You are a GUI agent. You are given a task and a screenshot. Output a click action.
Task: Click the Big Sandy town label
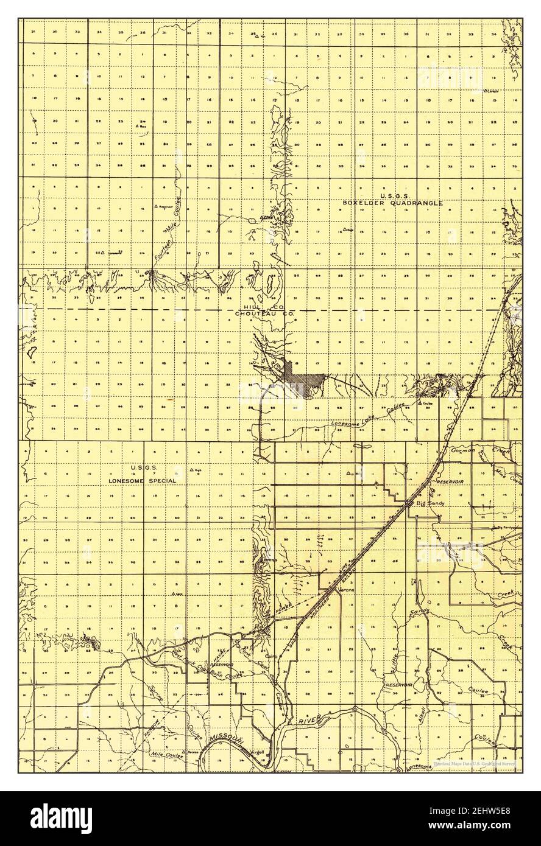[429, 504]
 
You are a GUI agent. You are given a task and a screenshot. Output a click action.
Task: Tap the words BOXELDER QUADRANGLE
[392, 203]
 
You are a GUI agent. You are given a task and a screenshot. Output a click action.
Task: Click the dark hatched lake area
[305, 383]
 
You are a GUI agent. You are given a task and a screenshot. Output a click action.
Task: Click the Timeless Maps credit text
[475, 763]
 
